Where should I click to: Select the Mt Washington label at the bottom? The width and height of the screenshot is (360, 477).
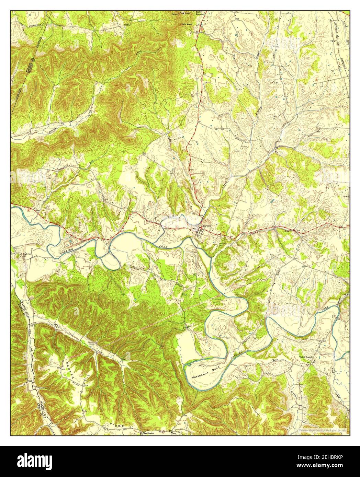coord(146,433)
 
